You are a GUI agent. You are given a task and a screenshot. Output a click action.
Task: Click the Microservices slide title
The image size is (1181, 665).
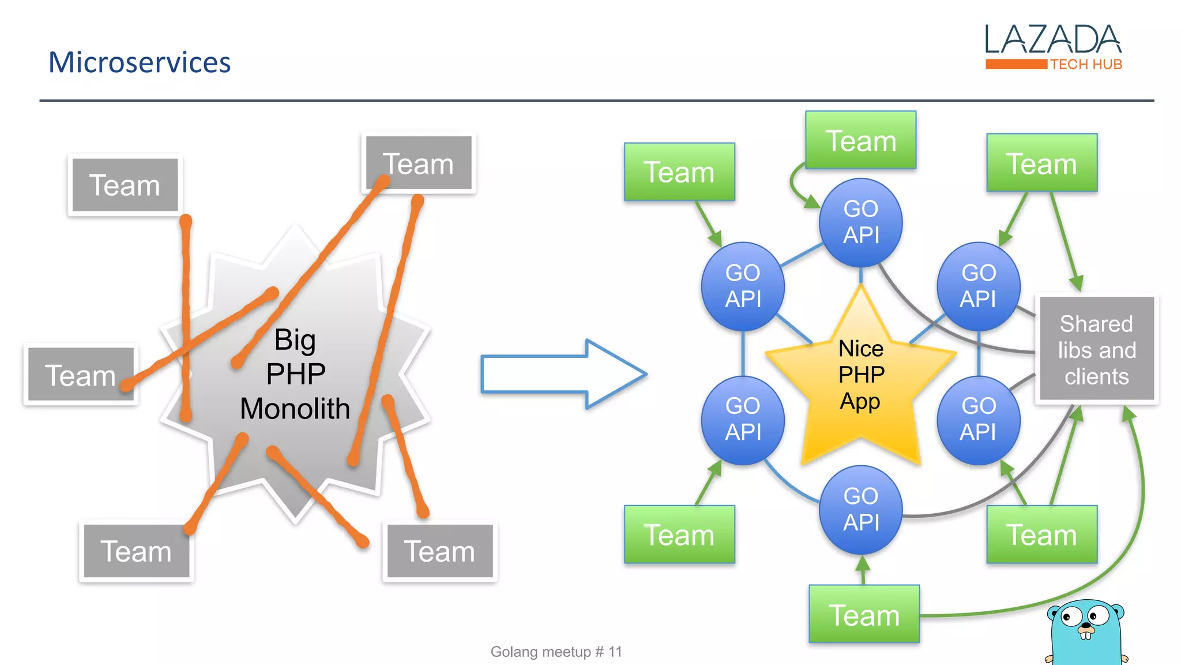point(139,62)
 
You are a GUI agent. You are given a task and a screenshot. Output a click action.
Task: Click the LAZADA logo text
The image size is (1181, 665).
point(1052,39)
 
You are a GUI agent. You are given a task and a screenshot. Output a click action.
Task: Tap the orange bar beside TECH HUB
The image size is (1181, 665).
point(1016,64)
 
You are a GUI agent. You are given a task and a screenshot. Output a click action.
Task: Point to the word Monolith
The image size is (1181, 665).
point(295,409)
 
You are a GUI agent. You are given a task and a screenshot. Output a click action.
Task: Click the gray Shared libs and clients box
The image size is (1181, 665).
point(1096,349)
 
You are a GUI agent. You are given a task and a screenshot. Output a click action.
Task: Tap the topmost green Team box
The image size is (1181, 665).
point(860,140)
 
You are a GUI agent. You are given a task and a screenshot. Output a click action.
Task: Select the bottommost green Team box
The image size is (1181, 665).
point(864,614)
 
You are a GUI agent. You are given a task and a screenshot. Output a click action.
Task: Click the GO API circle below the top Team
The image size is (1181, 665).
point(860,222)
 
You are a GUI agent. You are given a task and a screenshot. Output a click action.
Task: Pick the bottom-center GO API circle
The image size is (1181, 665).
point(860,509)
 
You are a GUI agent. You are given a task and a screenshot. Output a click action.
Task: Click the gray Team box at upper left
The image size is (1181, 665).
point(125,185)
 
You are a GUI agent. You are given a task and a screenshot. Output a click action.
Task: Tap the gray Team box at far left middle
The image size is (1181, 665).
point(81,375)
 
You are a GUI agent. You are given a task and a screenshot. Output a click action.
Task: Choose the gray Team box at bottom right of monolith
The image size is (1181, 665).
point(439,551)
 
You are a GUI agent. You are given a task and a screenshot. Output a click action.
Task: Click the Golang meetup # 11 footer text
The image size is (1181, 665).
point(556,652)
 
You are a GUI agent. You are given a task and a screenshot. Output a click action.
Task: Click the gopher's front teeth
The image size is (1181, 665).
point(1085,636)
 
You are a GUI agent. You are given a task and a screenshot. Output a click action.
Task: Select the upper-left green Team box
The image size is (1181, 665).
point(679,172)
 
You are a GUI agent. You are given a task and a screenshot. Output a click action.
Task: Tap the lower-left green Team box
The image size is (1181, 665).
point(679,535)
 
